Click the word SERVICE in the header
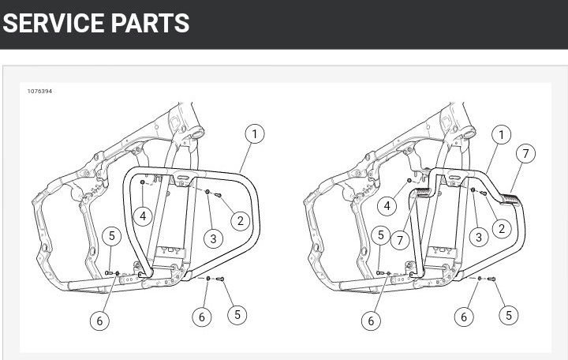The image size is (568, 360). (x=54, y=23)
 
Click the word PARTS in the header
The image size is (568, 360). (x=150, y=23)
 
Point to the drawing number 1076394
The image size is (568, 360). (x=40, y=92)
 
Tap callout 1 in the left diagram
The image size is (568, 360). (x=255, y=133)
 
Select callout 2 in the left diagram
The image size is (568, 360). (x=240, y=220)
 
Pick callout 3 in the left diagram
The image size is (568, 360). (x=213, y=238)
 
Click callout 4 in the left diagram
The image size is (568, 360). (x=143, y=216)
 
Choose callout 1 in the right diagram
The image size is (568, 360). (x=502, y=135)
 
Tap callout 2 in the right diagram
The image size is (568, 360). (x=502, y=228)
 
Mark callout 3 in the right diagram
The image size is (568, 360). (x=479, y=237)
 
